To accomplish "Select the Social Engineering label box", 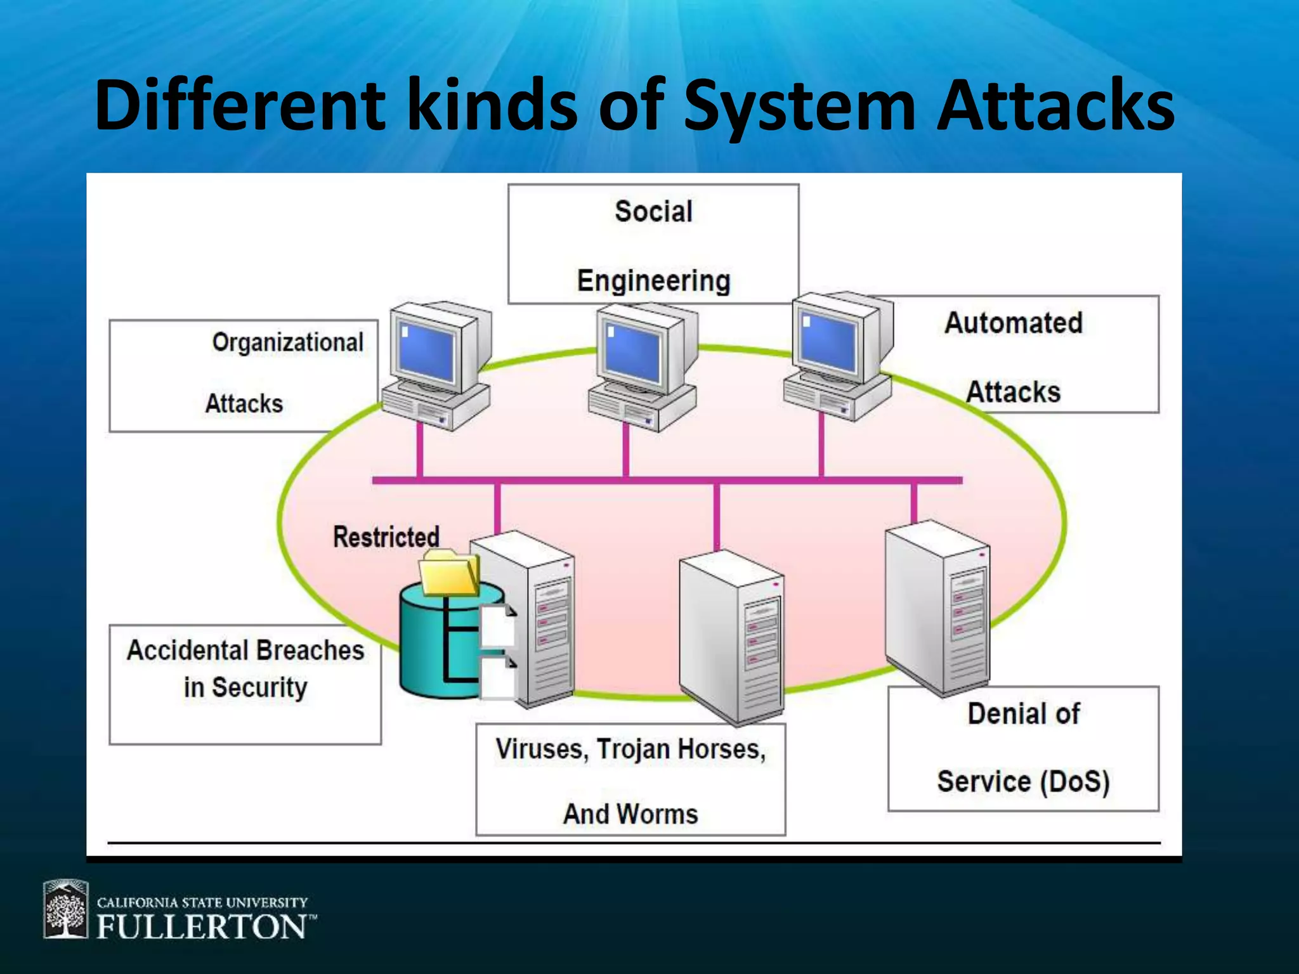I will [x=653, y=244].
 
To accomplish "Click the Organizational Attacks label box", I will [x=244, y=375].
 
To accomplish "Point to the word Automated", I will [x=1013, y=323].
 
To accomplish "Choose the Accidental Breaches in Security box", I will [x=245, y=684].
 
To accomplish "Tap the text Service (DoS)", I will [x=1023, y=781].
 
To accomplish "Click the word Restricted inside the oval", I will [x=386, y=537].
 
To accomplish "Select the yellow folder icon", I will [x=449, y=573].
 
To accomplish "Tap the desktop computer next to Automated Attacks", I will [x=837, y=355].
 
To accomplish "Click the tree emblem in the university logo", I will [x=65, y=909].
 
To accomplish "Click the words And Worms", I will [x=630, y=814].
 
